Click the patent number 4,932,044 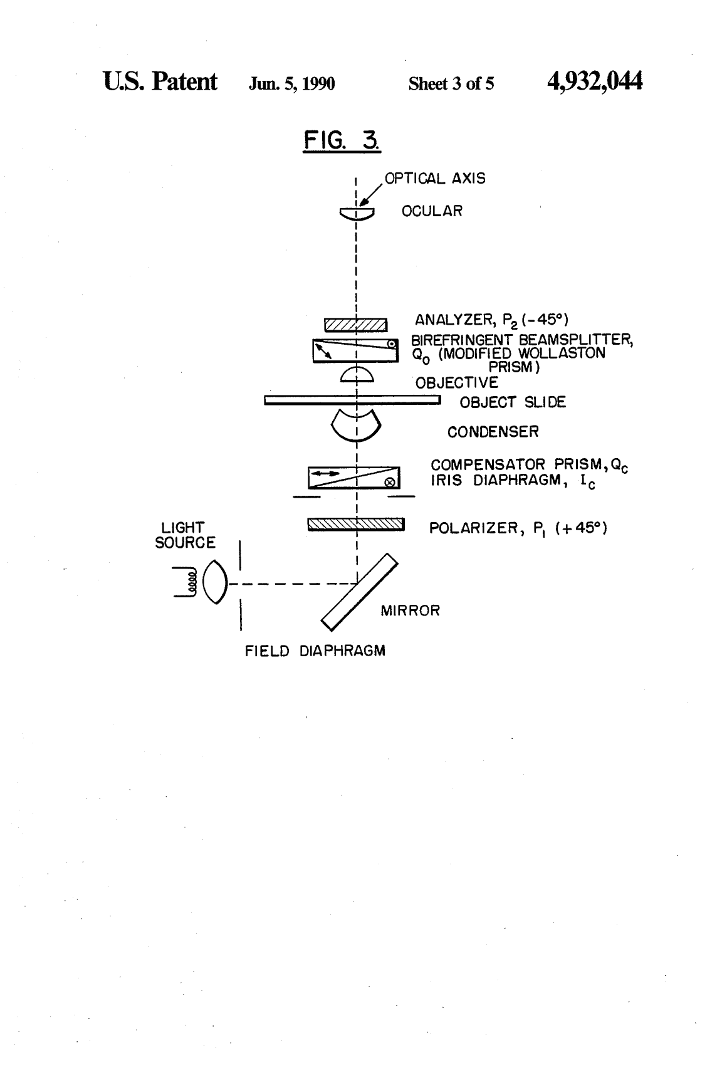pos(595,81)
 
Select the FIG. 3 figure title pos(342,140)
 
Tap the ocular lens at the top pos(357,214)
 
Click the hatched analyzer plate pos(355,325)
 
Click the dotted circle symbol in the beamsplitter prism pos(391,343)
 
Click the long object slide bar pos(352,400)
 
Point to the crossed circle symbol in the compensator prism pos(389,482)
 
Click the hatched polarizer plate pos(356,525)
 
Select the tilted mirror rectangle pos(359,592)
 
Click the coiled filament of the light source pos(192,582)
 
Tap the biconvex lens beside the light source pos(216,582)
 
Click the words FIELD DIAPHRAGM pos(315,651)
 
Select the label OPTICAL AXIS pos(435,179)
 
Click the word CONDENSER pos(493,432)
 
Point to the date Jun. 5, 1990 pos(292,84)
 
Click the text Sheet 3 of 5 pos(451,84)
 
